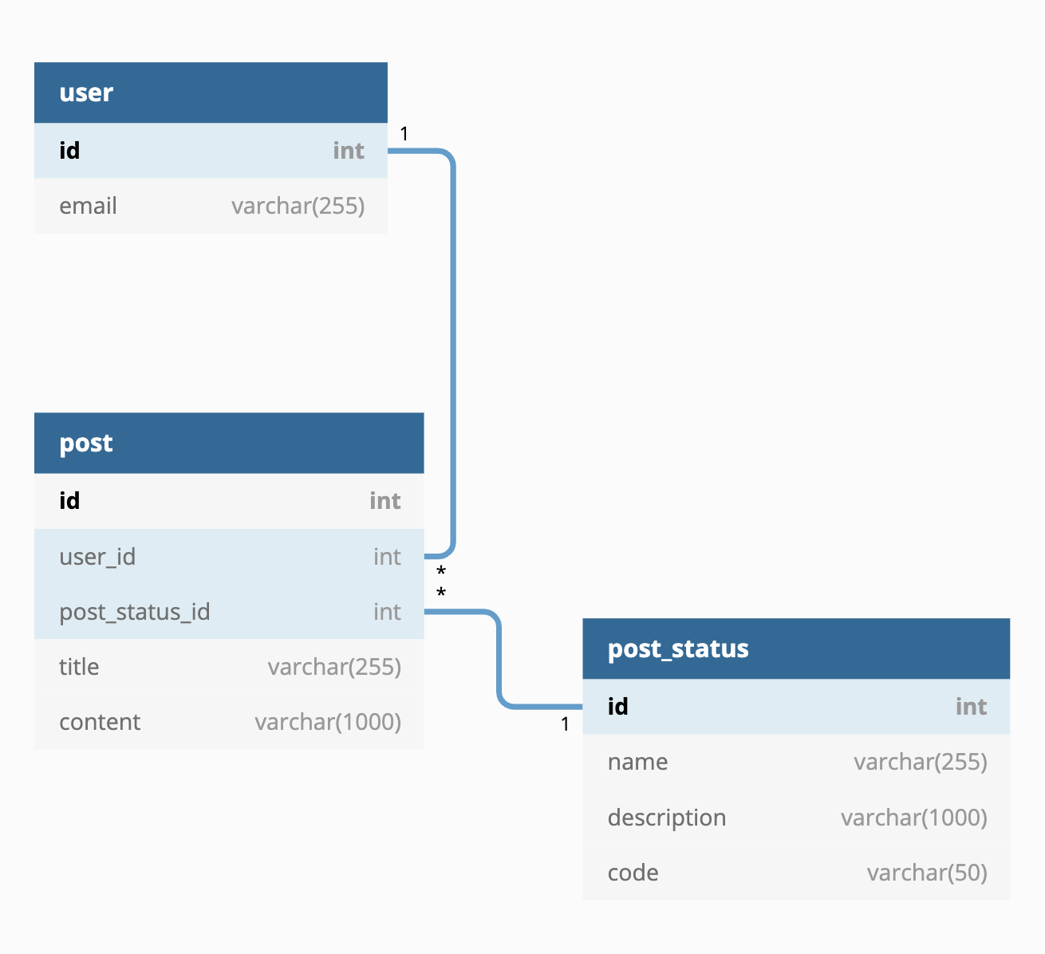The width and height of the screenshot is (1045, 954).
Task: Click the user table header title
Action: pos(86,93)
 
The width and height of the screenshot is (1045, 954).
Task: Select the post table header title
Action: pos(86,443)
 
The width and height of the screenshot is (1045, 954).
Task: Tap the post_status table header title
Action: pos(678,648)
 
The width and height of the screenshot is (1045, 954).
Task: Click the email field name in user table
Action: pos(88,206)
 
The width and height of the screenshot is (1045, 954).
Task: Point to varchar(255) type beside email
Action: pos(298,206)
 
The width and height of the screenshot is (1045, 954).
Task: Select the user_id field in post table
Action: pos(97,556)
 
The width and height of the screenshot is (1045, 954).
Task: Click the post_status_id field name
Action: pos(134,612)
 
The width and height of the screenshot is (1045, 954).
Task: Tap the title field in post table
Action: pos(79,667)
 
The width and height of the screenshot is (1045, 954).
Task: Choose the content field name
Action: pos(100,722)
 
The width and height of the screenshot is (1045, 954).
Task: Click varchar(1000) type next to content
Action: pos(328,722)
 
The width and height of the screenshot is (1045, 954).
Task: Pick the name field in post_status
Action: pos(637,762)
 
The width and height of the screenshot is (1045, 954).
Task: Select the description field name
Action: pos(667,818)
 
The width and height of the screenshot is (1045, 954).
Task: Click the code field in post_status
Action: pos(633,873)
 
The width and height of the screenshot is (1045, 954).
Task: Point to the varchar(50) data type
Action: pos(927,873)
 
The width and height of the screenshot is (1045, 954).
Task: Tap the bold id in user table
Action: pos(69,150)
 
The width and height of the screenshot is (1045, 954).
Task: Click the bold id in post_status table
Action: pos(617,706)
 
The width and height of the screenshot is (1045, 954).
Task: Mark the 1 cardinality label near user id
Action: pos(404,134)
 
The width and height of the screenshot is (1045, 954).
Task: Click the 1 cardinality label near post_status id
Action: pos(565,724)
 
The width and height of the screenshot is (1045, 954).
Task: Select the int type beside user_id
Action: pos(387,556)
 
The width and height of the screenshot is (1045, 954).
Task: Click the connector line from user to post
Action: pos(453,351)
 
